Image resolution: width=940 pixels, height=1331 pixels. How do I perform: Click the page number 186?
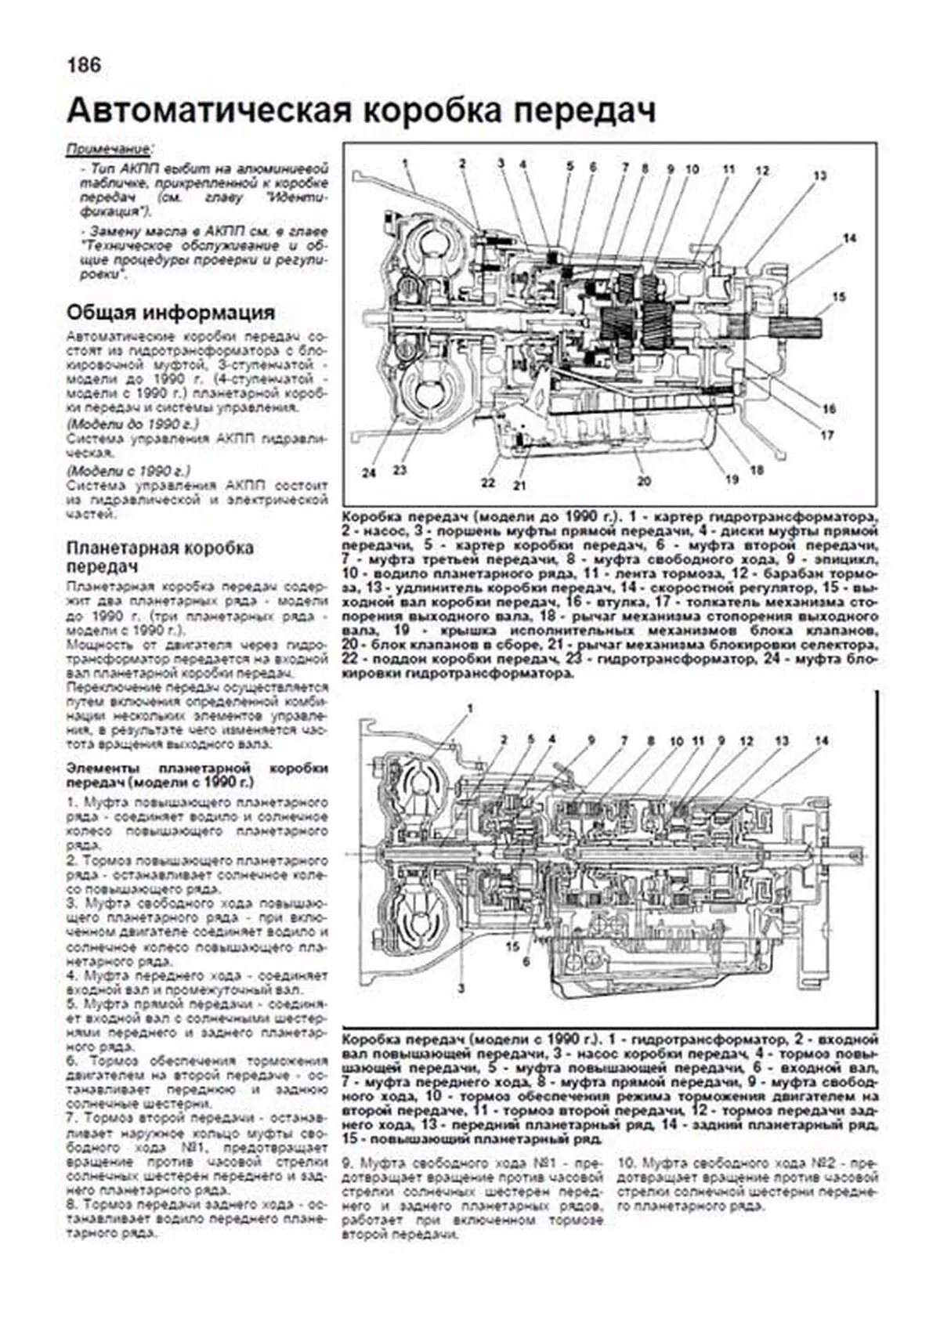[84, 65]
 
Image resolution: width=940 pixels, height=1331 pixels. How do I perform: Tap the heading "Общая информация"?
[171, 313]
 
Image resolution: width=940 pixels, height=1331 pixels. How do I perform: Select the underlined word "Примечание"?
[109, 149]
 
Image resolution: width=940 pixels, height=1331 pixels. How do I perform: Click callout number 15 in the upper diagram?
[839, 297]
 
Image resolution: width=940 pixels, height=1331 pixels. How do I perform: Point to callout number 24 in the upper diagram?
[368, 472]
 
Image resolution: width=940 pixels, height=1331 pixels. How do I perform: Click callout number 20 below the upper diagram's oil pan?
[644, 481]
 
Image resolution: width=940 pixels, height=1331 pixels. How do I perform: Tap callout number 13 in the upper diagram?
[819, 176]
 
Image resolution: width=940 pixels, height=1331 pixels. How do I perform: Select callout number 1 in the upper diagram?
[406, 163]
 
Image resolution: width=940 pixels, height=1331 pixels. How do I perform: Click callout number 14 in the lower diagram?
[821, 740]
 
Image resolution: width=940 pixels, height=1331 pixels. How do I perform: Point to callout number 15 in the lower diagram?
[512, 946]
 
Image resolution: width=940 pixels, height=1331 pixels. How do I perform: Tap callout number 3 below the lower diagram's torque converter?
[461, 989]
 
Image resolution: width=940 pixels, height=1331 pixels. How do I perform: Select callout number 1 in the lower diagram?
[470, 708]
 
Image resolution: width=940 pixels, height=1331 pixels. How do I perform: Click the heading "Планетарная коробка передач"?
[161, 556]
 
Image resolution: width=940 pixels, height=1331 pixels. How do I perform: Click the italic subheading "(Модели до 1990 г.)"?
[132, 424]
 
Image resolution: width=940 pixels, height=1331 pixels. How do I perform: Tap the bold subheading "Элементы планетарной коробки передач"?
[197, 776]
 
